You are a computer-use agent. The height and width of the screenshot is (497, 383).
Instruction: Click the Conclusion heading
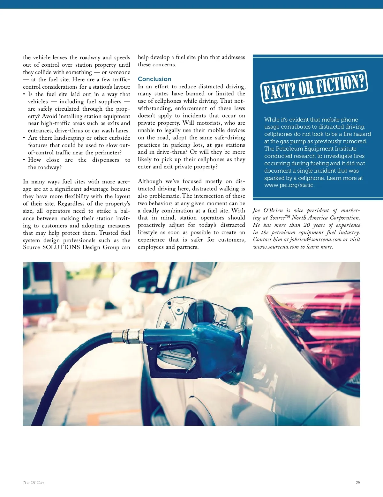click(154, 79)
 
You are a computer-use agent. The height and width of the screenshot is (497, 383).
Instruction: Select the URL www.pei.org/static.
click(289, 185)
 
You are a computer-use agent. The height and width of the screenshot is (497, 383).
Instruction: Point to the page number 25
click(358, 483)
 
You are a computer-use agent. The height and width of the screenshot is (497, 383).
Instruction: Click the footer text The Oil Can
click(33, 483)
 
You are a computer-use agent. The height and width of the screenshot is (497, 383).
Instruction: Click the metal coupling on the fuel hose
click(128, 336)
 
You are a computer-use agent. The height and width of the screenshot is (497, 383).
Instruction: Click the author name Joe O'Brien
click(268, 210)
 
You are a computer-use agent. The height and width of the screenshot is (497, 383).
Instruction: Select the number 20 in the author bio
click(306, 225)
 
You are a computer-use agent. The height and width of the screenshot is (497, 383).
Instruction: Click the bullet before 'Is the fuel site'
click(24, 94)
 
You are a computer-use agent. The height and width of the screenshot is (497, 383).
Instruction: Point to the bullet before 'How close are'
click(24, 160)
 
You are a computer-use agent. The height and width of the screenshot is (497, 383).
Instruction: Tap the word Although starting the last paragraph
click(150, 181)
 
